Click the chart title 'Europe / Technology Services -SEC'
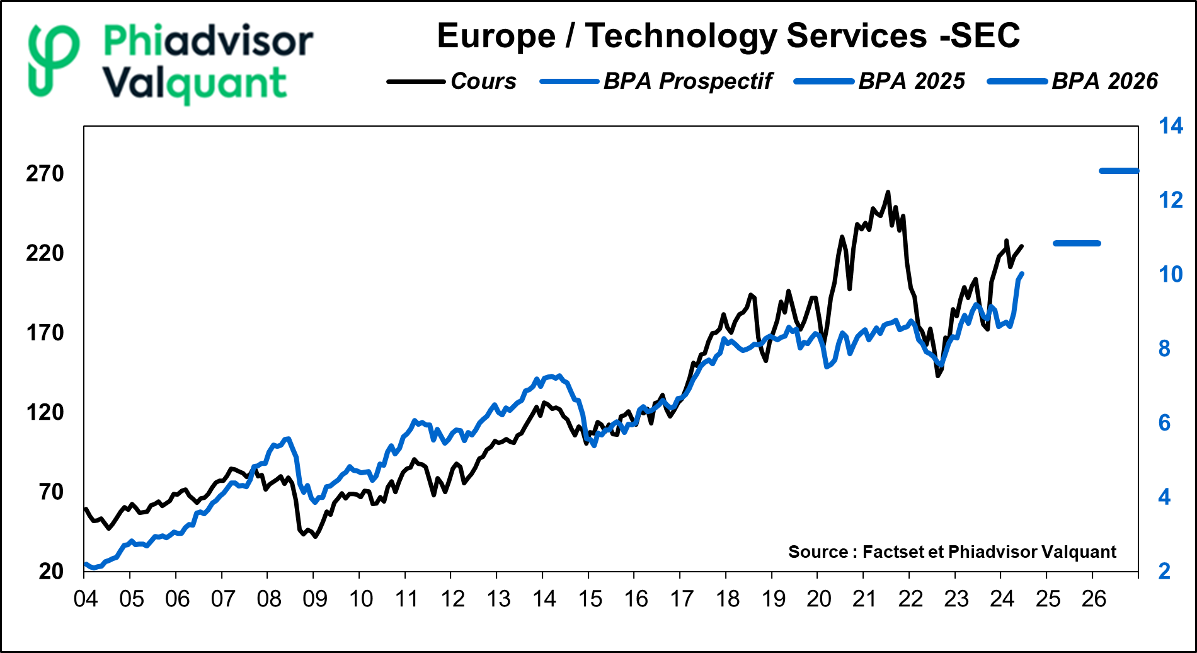pyautogui.click(x=728, y=36)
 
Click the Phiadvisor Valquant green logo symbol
pyautogui.click(x=54, y=61)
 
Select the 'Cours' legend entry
pyautogui.click(x=483, y=81)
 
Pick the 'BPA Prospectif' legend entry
pyautogui.click(x=687, y=81)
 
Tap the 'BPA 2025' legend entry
pyautogui.click(x=911, y=81)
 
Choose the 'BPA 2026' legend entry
pyautogui.click(x=1104, y=81)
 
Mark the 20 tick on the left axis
pyautogui.click(x=51, y=571)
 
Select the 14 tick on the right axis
pyautogui.click(x=1171, y=126)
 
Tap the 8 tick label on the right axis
pyautogui.click(x=1165, y=349)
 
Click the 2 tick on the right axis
pyautogui.click(x=1165, y=571)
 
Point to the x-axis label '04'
pyautogui.click(x=86, y=599)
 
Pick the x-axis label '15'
pyautogui.click(x=590, y=599)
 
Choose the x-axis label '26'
pyautogui.click(x=1094, y=599)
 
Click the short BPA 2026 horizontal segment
pyautogui.click(x=1119, y=171)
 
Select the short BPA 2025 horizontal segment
pyautogui.click(x=1077, y=243)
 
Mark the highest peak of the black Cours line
pyautogui.click(x=888, y=192)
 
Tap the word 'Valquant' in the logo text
pyautogui.click(x=195, y=84)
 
